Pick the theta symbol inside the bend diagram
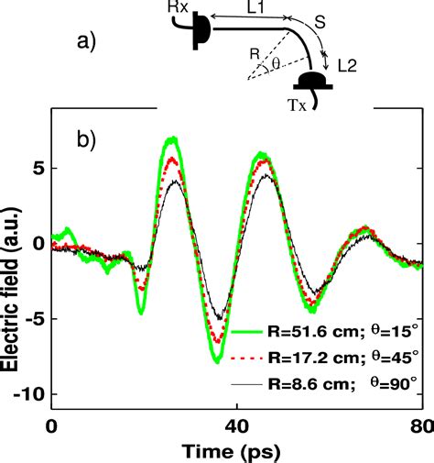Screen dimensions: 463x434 (274, 65)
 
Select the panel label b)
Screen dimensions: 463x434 (88, 141)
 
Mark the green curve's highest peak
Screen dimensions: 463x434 (171, 139)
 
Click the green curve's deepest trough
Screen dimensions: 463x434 (217, 360)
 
